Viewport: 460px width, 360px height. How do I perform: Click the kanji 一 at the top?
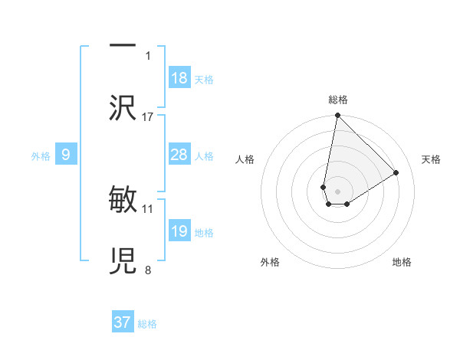[x=123, y=47]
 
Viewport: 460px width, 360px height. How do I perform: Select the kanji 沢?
[x=123, y=108]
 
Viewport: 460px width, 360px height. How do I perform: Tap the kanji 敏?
[x=123, y=201]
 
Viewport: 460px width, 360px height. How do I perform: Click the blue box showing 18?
[x=179, y=78]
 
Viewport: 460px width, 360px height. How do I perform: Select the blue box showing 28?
[x=179, y=155]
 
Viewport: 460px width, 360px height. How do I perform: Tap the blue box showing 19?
[x=179, y=232]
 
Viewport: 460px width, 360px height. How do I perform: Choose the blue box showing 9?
[x=66, y=155]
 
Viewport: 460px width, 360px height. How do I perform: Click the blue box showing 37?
[x=123, y=322]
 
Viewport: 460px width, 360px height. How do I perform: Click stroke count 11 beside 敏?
[x=148, y=208]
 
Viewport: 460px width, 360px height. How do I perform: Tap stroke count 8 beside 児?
[x=148, y=270]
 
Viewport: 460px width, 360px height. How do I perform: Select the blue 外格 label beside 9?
[x=41, y=156]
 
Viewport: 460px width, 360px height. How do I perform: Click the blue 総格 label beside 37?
[x=147, y=324]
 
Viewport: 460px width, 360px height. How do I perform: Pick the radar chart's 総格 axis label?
[x=338, y=100]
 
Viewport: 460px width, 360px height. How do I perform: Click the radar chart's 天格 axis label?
[x=432, y=159]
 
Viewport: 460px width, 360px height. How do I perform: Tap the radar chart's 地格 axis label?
[x=402, y=263]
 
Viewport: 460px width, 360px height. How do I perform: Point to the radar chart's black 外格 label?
[x=270, y=263]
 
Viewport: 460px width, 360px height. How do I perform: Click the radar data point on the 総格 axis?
[x=337, y=116]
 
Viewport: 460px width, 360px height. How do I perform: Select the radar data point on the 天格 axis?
[x=396, y=173]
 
